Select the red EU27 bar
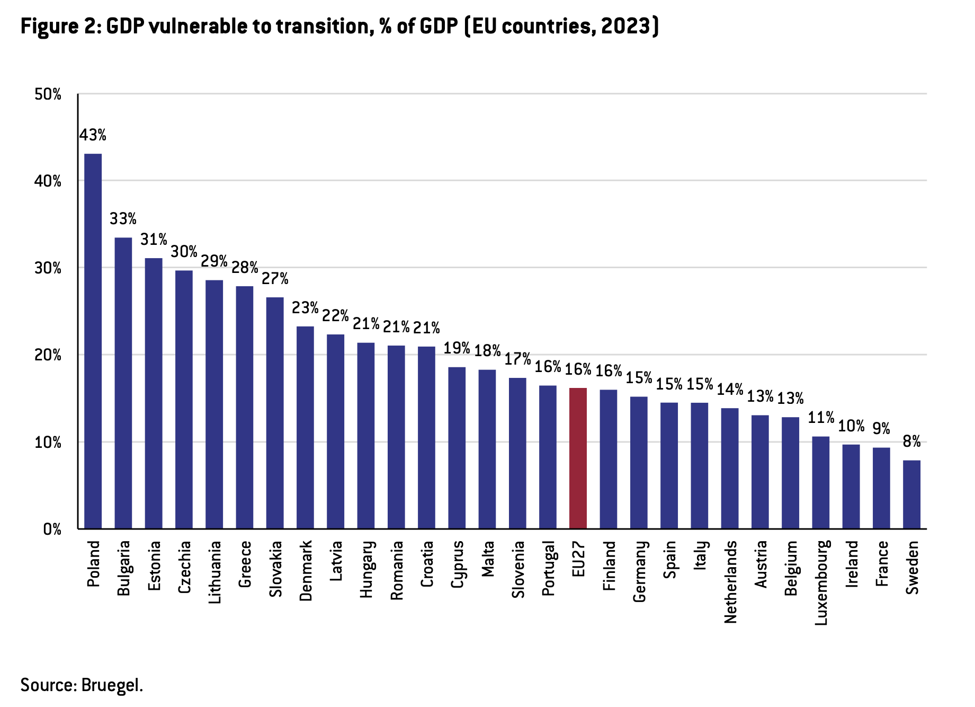point(578,458)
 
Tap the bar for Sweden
point(911,494)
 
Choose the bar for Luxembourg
point(820,482)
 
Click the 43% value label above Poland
point(93,136)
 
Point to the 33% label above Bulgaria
point(123,219)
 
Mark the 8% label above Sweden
point(912,441)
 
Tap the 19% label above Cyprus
point(457,348)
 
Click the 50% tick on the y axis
point(48,95)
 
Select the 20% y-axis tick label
point(48,355)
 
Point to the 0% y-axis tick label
point(52,529)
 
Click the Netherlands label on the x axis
point(730,581)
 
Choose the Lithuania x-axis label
point(214,572)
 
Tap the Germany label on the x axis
point(639,571)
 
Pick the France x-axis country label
point(881,563)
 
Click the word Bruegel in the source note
point(112,685)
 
